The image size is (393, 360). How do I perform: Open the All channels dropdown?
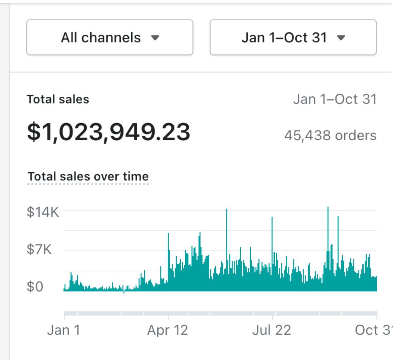tap(110, 37)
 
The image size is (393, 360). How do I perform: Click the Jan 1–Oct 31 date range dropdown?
tap(293, 37)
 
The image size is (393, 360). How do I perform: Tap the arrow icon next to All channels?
tap(155, 38)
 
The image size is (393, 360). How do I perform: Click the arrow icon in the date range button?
tap(341, 38)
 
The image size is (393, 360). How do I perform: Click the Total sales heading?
tap(58, 99)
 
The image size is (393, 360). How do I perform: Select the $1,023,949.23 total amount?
tap(108, 132)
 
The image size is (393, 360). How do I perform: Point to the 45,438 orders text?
tap(330, 135)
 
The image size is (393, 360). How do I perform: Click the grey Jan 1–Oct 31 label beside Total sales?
tap(335, 99)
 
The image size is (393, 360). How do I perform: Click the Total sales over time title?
tap(88, 176)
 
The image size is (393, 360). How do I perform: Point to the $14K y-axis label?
tap(43, 212)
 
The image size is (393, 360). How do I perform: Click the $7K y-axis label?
tap(39, 250)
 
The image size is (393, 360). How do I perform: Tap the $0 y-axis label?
tap(35, 287)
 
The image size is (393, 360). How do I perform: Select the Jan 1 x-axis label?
tap(64, 330)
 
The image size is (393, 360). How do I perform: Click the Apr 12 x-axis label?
tap(168, 330)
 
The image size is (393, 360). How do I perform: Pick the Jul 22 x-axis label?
tap(271, 330)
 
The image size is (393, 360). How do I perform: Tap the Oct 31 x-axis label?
tap(373, 330)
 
